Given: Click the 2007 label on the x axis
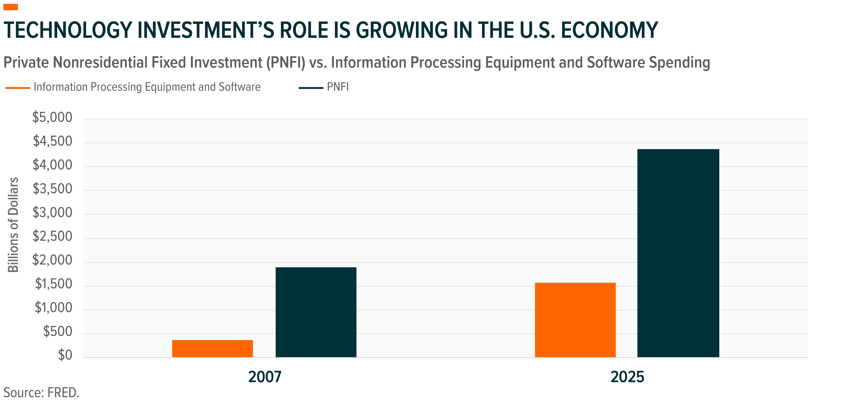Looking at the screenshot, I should (x=265, y=377).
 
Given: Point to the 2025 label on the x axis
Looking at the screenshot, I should (x=627, y=377).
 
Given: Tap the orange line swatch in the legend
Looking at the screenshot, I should (x=18, y=88).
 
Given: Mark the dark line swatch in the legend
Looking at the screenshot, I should (x=311, y=88).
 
